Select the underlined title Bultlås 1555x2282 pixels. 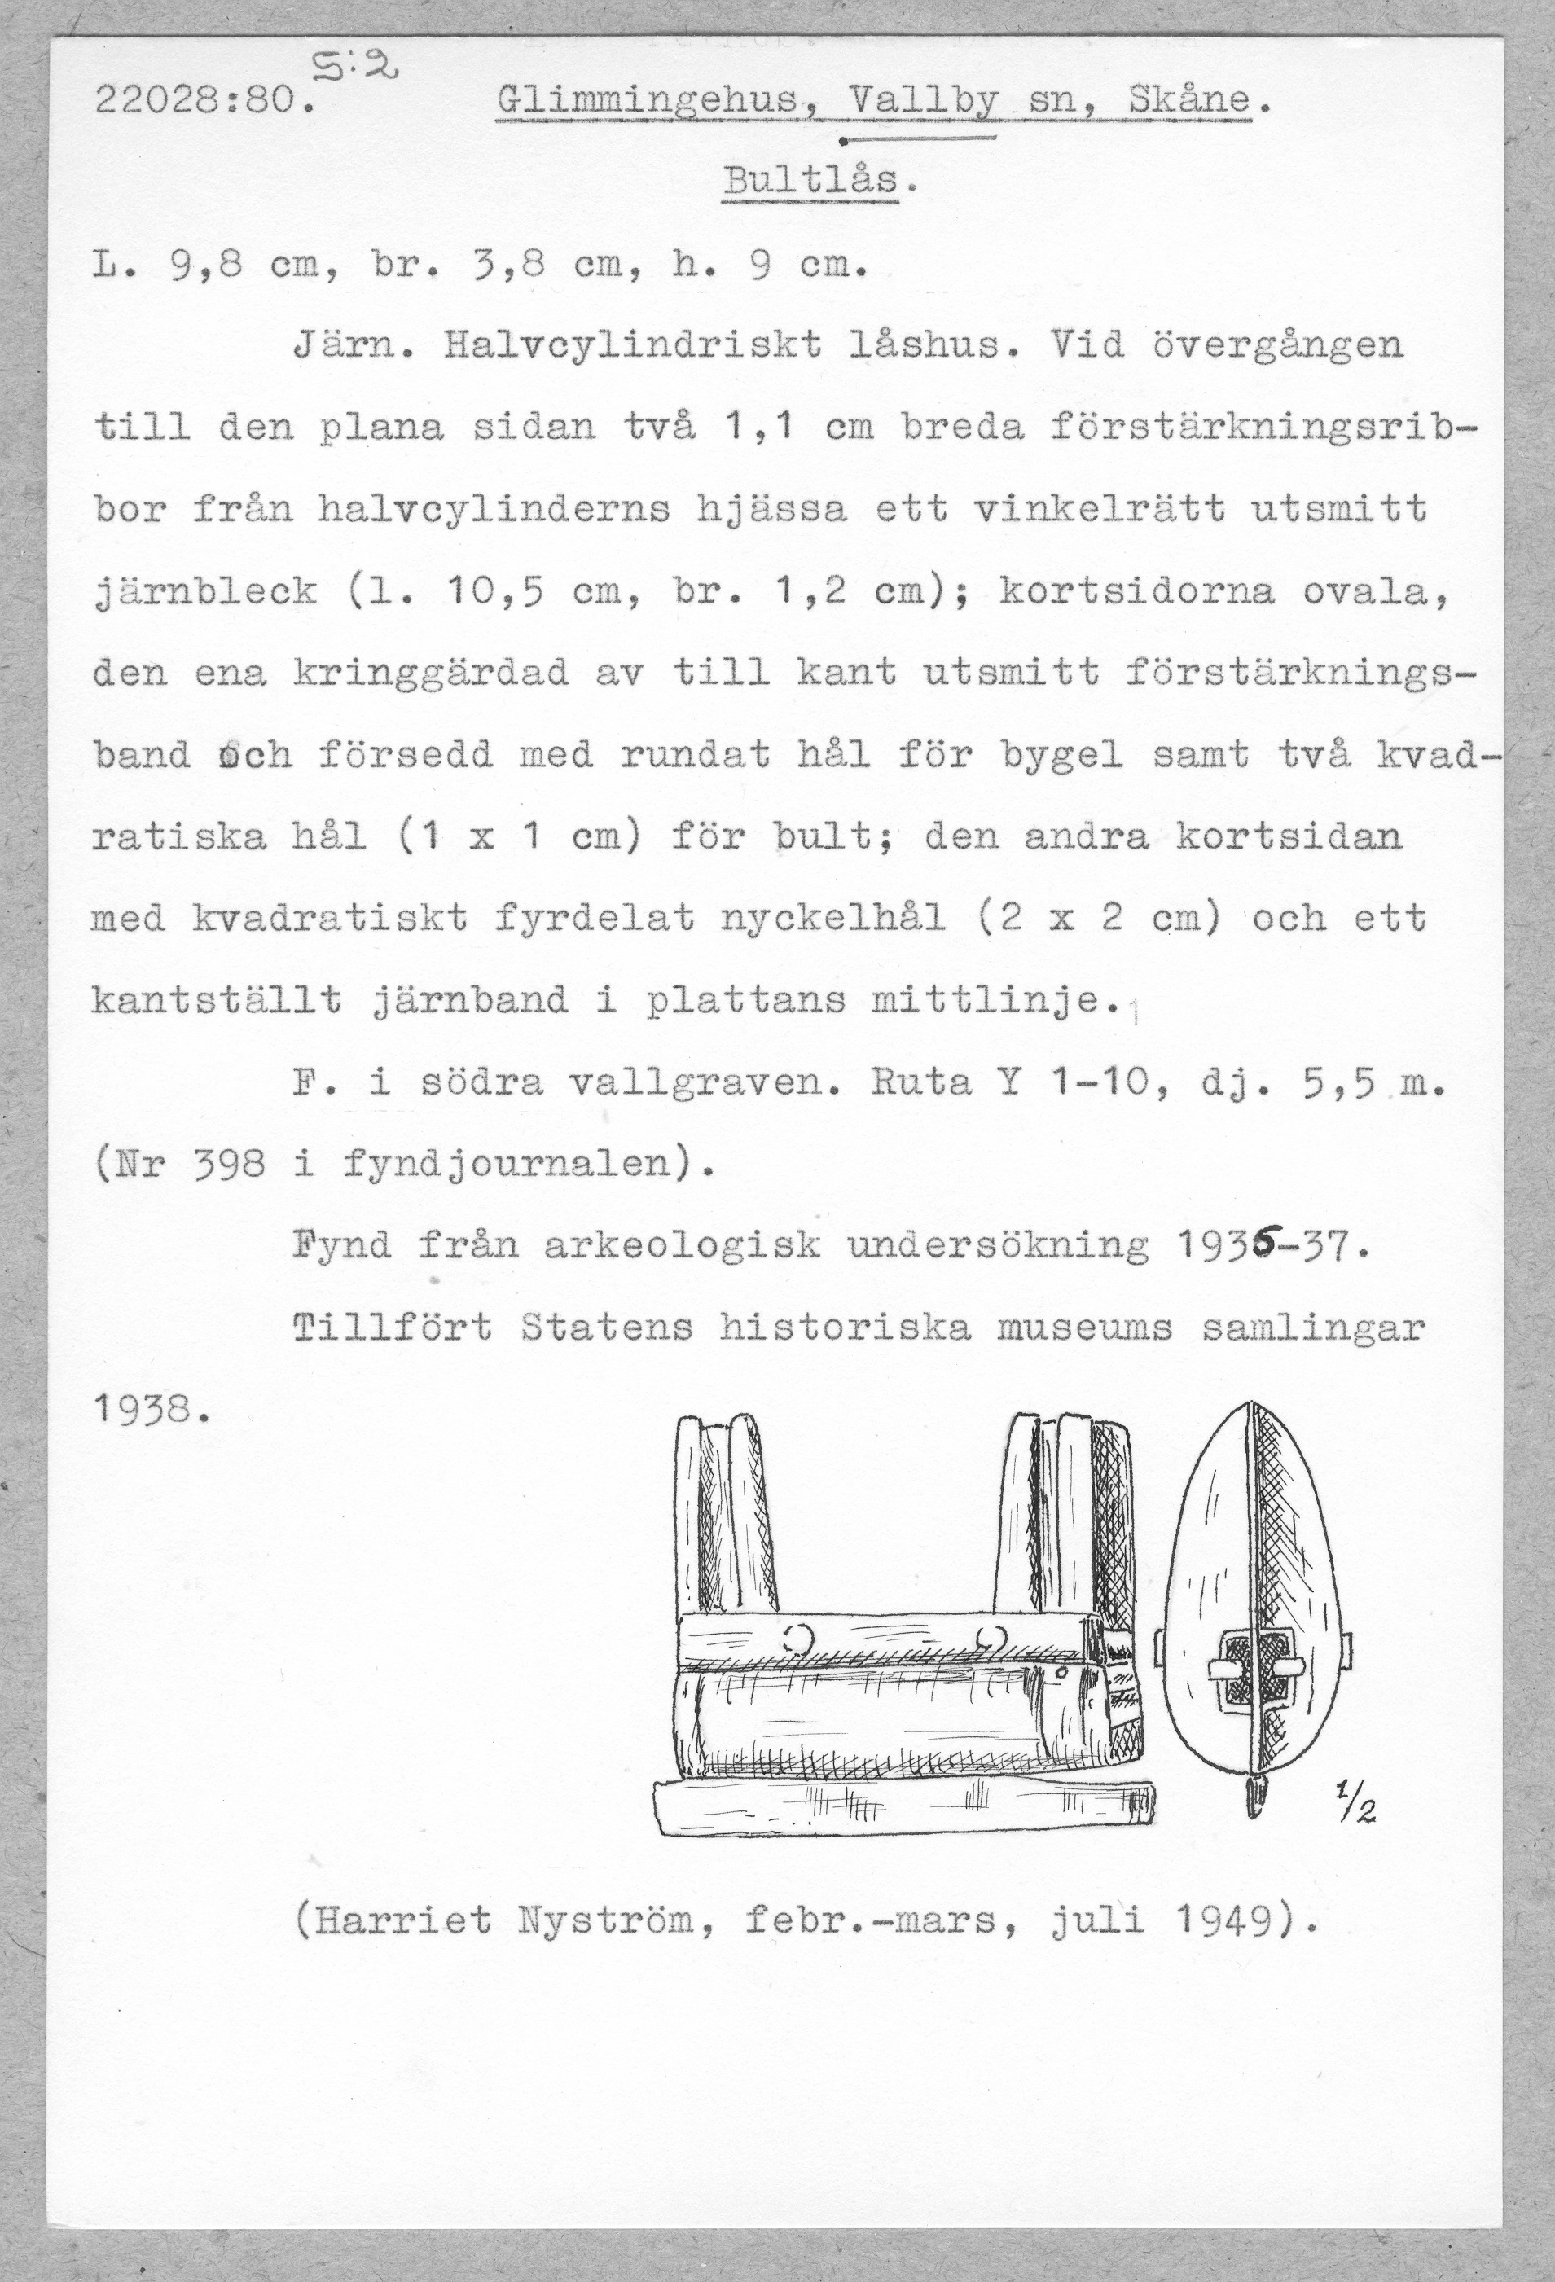(x=811, y=182)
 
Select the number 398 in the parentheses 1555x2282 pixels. (x=229, y=1165)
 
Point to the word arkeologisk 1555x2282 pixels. (x=682, y=1247)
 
